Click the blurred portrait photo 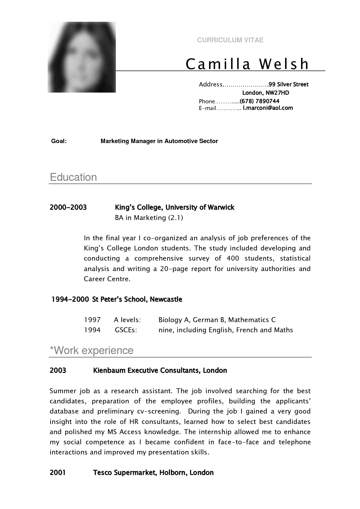click(x=82, y=57)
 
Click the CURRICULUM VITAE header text click(x=230, y=40)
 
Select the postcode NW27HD click(x=278, y=93)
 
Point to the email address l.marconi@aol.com click(x=268, y=108)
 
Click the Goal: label click(x=59, y=141)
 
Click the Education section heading click(x=73, y=177)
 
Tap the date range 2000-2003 click(x=68, y=207)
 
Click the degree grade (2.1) click(x=175, y=218)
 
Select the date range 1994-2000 click(x=70, y=299)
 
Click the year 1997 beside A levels click(x=92, y=320)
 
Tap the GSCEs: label click(x=126, y=330)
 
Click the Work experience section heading click(x=92, y=351)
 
